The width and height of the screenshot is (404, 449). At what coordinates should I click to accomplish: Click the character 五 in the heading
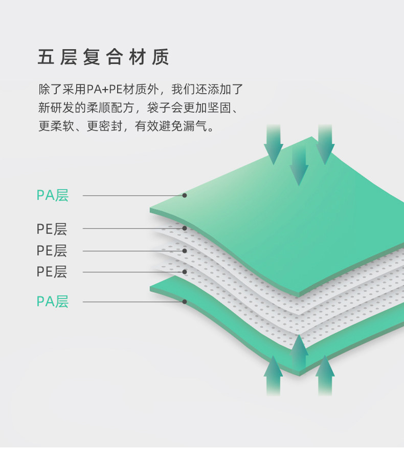pyautogui.click(x=46, y=57)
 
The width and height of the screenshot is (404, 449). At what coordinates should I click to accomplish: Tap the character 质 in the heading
pyautogui.click(x=160, y=57)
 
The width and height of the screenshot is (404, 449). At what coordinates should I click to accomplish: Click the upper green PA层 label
pyautogui.click(x=52, y=195)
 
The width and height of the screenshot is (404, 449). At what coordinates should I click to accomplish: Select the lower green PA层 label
pyautogui.click(x=52, y=302)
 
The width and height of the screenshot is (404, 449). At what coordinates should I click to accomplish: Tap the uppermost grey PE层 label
pyautogui.click(x=52, y=228)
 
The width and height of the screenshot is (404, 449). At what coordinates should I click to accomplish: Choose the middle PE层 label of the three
pyautogui.click(x=52, y=251)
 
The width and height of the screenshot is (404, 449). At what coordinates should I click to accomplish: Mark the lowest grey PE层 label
pyautogui.click(x=52, y=271)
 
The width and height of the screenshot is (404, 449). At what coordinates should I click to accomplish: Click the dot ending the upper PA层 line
pyautogui.click(x=185, y=195)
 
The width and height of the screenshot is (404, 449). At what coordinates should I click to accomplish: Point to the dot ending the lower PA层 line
pyautogui.click(x=185, y=302)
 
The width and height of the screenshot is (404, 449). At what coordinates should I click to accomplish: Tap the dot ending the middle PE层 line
pyautogui.click(x=185, y=251)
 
